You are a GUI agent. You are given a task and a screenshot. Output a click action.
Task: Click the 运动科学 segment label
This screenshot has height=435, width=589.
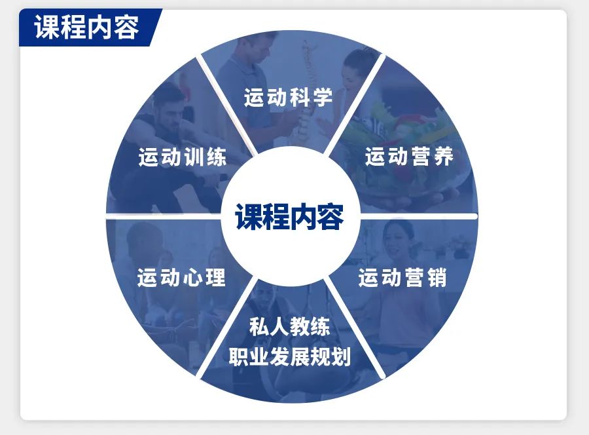(288, 97)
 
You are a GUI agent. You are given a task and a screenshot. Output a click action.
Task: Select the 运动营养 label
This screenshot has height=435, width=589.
(409, 157)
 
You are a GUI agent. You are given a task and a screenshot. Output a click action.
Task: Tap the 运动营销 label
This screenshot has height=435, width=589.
(402, 278)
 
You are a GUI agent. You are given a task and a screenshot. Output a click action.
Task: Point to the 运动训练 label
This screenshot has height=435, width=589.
(183, 157)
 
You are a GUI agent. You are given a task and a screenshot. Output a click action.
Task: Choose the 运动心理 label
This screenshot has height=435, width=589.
(181, 278)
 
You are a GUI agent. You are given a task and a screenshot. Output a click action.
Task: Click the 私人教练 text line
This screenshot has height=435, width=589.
(290, 326)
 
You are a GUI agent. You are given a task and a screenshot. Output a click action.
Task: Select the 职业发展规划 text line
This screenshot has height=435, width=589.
(290, 356)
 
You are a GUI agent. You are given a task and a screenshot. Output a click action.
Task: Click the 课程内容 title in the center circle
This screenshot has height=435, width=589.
(289, 217)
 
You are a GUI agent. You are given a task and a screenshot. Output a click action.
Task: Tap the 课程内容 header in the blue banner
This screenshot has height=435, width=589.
(87, 27)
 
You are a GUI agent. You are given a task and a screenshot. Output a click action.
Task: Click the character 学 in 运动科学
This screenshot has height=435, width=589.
(322, 97)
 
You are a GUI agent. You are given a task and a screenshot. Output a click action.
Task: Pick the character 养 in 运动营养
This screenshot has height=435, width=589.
(443, 157)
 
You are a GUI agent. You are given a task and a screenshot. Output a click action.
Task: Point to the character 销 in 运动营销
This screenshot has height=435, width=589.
(437, 278)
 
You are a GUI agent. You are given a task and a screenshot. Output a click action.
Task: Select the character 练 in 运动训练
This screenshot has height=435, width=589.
(217, 157)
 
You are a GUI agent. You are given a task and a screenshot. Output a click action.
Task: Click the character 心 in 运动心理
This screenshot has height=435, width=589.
(193, 278)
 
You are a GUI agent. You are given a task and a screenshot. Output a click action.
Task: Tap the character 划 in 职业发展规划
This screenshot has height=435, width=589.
(341, 356)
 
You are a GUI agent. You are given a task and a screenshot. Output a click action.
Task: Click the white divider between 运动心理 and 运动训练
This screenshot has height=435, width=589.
(164, 216)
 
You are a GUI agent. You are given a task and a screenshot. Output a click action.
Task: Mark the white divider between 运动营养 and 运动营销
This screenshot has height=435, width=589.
(419, 216)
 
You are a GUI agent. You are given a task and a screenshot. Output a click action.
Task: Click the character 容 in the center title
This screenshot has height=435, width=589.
(330, 217)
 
